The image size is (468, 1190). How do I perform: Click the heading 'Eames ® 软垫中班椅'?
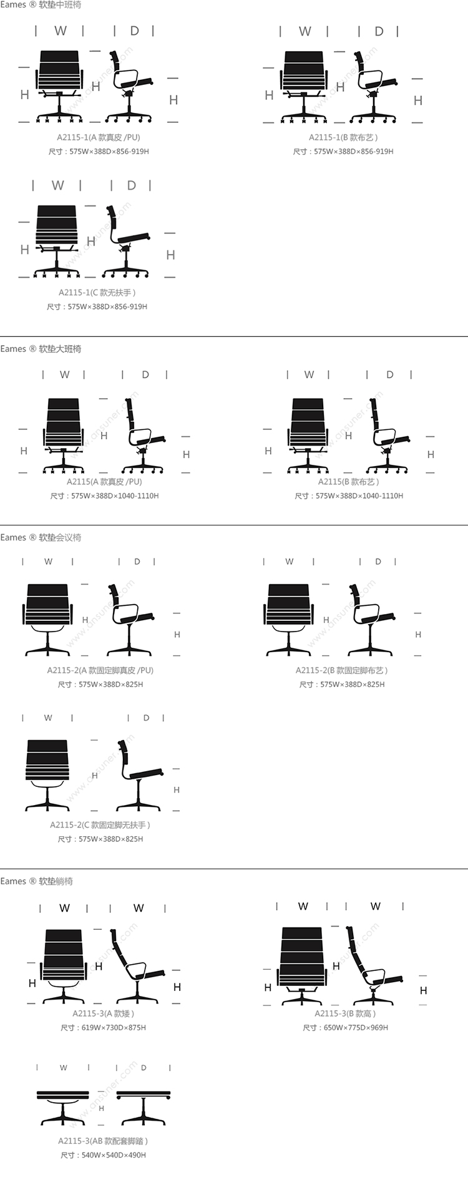pyautogui.click(x=41, y=5)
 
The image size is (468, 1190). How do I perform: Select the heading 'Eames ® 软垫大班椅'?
pyautogui.click(x=41, y=349)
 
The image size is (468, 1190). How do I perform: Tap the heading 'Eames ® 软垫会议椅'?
pyautogui.click(x=41, y=537)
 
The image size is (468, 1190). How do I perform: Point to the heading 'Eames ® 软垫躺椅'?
pyautogui.click(x=37, y=881)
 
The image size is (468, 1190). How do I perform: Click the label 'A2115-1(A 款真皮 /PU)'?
pyautogui.click(x=99, y=137)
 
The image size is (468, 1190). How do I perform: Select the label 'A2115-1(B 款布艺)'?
pyautogui.click(x=343, y=137)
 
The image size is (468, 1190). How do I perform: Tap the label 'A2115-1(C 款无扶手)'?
pyautogui.click(x=97, y=292)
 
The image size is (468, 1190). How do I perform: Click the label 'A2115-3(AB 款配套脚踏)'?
pyautogui.click(x=103, y=1141)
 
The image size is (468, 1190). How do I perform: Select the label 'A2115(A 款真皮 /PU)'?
pyautogui.click(x=104, y=482)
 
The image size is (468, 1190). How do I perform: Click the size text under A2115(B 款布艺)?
pyautogui.click(x=349, y=496)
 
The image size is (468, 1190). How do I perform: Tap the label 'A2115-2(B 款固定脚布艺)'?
pyautogui.click(x=341, y=670)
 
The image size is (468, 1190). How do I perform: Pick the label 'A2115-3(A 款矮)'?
pyautogui.click(x=103, y=1013)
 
